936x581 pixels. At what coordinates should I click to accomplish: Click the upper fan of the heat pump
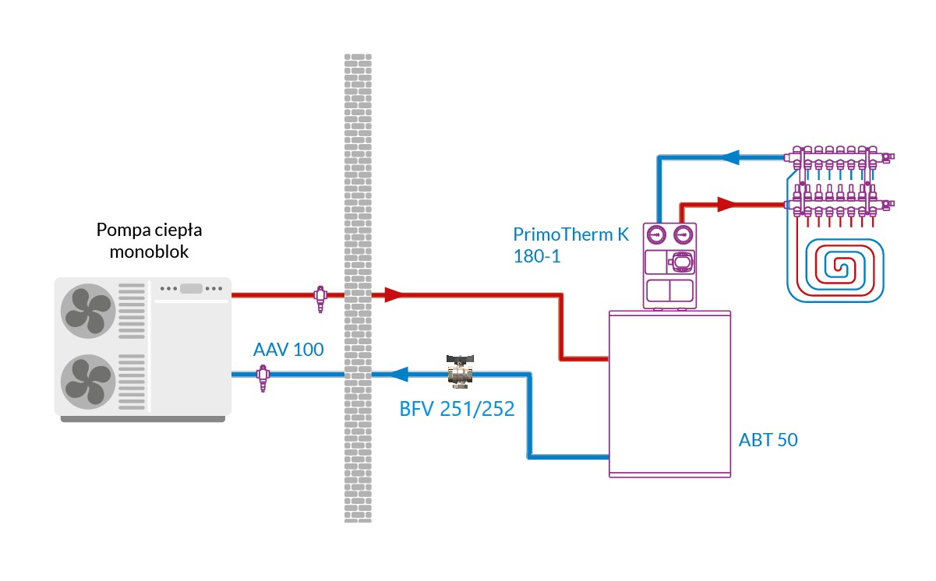pos(88,310)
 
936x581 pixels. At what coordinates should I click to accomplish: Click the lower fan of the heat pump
pos(88,379)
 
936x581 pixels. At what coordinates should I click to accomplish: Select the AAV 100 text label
pos(288,349)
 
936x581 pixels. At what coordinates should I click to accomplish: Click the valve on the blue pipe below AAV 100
pos(263,377)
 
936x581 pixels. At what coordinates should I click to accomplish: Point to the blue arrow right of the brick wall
pos(399,375)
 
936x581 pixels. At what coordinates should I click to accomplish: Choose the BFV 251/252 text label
pos(457,409)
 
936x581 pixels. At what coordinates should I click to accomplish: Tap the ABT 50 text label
pos(768,440)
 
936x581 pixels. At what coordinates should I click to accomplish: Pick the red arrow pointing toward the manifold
pos(726,205)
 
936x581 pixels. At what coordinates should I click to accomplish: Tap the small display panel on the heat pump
pos(191,288)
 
